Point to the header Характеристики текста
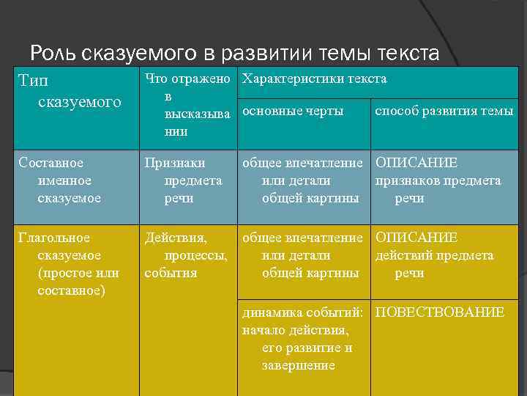314,78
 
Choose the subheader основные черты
293,111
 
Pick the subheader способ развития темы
444,111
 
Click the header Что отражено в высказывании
186,105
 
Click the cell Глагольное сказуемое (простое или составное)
70,264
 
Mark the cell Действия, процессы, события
186,255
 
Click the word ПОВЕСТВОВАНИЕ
439,312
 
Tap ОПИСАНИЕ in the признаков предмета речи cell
416,163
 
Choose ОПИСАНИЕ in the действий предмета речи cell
416,238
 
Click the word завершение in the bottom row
298,365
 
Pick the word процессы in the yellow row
195,255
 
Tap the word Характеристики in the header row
286,78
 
